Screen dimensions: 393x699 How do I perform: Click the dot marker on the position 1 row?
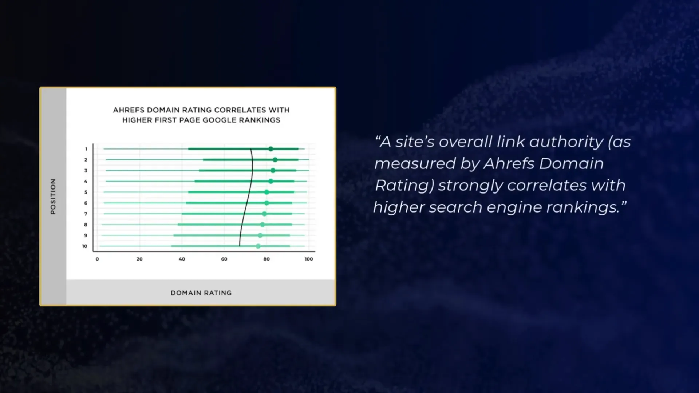(x=271, y=149)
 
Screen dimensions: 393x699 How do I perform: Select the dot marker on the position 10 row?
(x=258, y=246)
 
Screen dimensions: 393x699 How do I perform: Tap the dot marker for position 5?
(x=266, y=192)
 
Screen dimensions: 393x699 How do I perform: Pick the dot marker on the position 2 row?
(x=275, y=160)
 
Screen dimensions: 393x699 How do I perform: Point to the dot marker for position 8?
(x=262, y=225)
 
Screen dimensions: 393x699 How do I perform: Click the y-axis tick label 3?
(x=86, y=171)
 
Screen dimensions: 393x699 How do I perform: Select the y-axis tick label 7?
(x=86, y=214)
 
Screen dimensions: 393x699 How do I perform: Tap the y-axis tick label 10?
(x=85, y=246)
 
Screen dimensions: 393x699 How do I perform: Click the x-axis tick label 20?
(x=139, y=259)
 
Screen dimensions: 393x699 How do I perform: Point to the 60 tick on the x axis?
(x=224, y=259)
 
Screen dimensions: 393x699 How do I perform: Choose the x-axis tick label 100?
(x=309, y=259)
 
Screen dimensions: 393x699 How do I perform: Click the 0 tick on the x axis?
(x=97, y=259)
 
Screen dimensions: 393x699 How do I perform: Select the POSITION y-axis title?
(x=53, y=196)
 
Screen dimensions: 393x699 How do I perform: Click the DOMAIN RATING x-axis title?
(x=201, y=293)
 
